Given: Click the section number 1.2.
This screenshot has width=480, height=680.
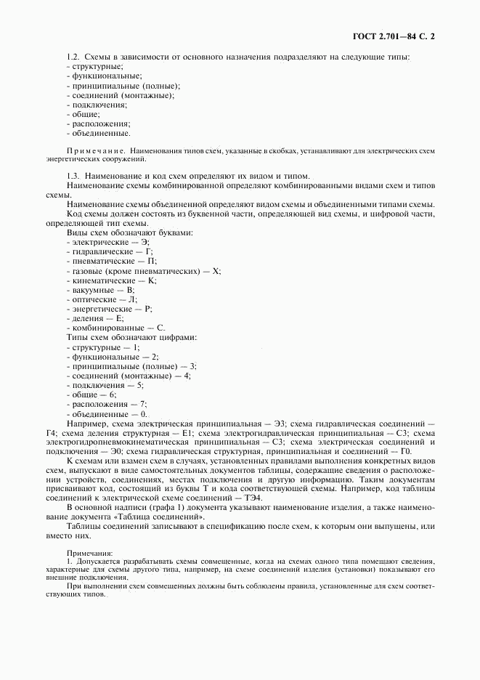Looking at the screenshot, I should click(x=73, y=57).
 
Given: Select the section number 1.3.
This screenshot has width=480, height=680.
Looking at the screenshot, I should click(x=73, y=176).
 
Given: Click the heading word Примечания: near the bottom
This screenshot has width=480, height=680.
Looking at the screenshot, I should click(x=85, y=553).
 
